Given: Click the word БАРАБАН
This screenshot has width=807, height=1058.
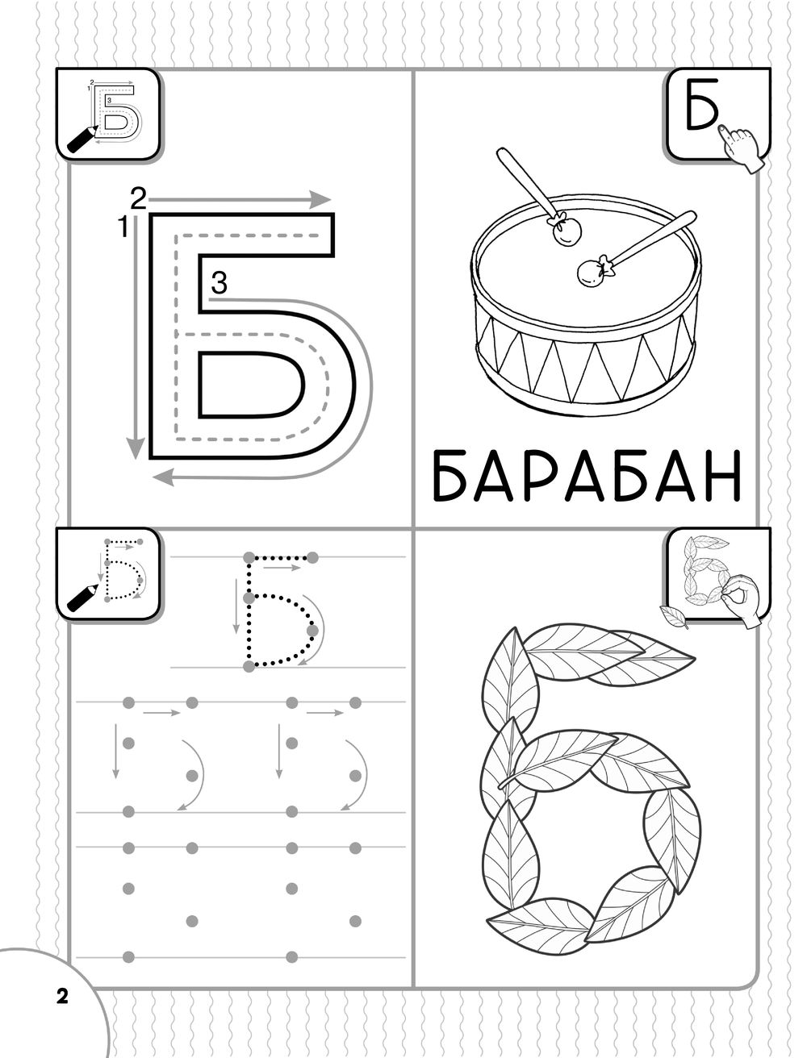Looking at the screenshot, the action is point(587,476).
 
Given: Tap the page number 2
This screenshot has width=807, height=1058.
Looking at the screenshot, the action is point(62,996).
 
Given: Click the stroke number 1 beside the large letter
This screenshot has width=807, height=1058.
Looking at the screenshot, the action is point(123,227).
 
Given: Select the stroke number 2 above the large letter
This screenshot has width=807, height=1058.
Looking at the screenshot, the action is point(139,198).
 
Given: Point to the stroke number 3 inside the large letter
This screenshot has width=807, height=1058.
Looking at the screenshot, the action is point(219,283).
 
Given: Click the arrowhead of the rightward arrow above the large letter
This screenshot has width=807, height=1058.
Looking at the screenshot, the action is point(320,199).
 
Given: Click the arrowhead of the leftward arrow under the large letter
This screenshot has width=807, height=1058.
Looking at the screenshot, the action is point(163,477).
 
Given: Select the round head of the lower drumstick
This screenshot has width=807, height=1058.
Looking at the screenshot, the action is point(592,273).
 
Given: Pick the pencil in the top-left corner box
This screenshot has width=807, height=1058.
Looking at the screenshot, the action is point(82,140).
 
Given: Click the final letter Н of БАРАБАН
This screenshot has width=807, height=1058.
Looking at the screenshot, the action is point(722,476).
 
